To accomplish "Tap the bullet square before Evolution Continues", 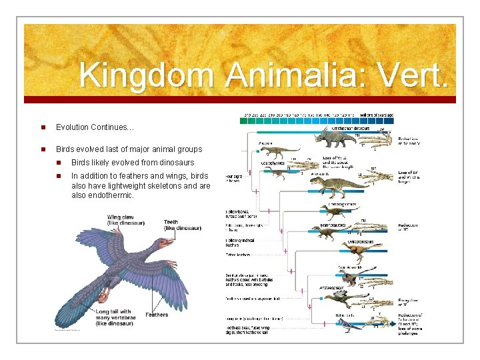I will [41, 127].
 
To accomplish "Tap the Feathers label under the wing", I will [157, 315].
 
